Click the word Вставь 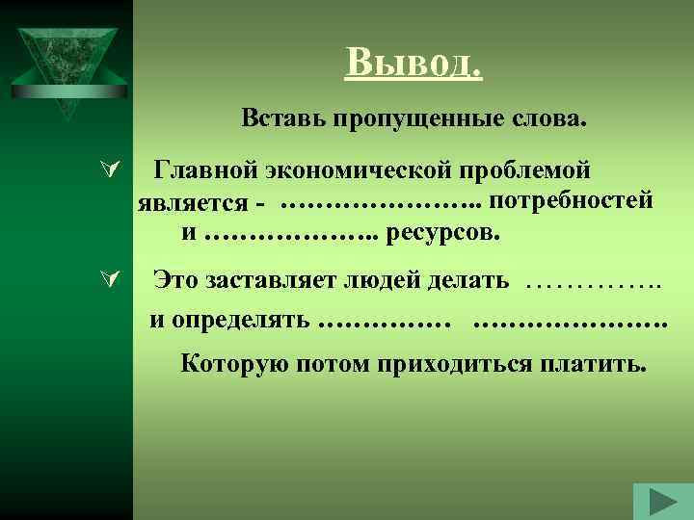pos(282,121)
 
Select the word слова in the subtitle pos(548,121)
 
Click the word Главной pos(205,170)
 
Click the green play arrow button pos(663,502)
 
